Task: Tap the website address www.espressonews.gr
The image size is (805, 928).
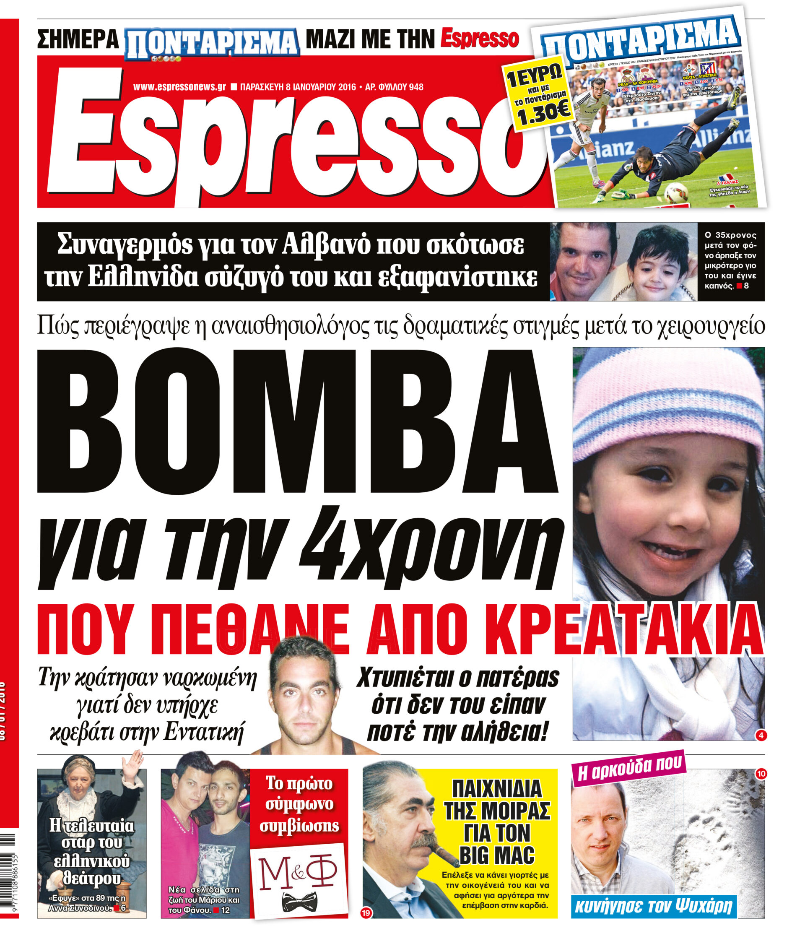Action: point(179,87)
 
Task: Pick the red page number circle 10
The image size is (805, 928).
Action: point(761,774)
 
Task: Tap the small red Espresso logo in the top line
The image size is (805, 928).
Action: point(479,39)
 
